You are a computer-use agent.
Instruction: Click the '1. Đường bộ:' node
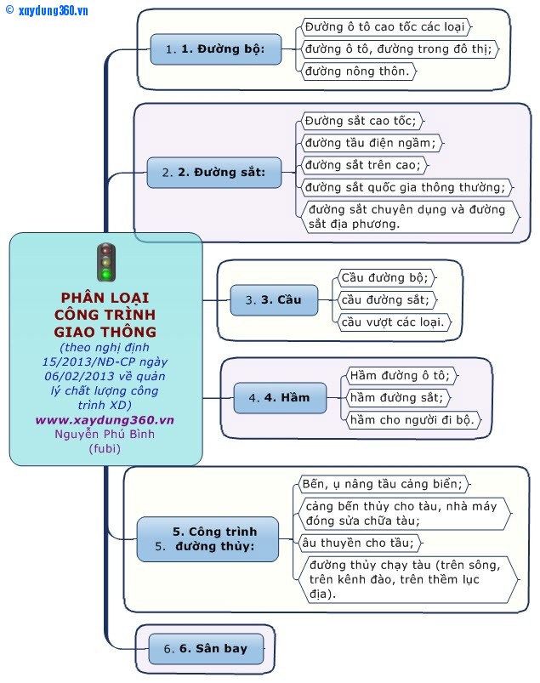click(x=215, y=49)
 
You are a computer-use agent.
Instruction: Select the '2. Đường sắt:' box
click(x=213, y=173)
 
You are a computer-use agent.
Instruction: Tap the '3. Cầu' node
click(x=274, y=300)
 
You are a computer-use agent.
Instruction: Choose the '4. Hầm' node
click(x=280, y=398)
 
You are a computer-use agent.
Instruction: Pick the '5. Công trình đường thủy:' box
click(x=207, y=539)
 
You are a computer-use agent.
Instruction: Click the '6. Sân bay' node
click(x=206, y=649)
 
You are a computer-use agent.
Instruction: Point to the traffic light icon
click(x=105, y=262)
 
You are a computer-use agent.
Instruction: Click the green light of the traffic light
click(x=105, y=274)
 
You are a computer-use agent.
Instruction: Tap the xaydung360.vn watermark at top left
click(x=47, y=10)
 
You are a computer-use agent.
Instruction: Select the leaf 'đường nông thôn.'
click(x=358, y=71)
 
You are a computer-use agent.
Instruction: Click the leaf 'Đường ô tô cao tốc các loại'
click(x=386, y=27)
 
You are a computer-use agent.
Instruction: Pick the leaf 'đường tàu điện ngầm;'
click(x=372, y=143)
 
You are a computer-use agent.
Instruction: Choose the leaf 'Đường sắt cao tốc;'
click(x=361, y=121)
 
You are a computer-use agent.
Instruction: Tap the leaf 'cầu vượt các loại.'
click(x=394, y=322)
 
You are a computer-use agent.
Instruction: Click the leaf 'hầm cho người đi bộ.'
click(x=413, y=420)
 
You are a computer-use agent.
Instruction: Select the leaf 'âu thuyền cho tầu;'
click(x=361, y=544)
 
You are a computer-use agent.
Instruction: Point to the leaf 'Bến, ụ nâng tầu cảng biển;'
click(x=384, y=484)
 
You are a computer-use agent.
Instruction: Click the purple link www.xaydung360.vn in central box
click(x=105, y=420)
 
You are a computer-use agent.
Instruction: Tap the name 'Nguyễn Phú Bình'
click(x=105, y=435)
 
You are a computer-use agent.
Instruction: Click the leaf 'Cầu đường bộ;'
click(x=386, y=278)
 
